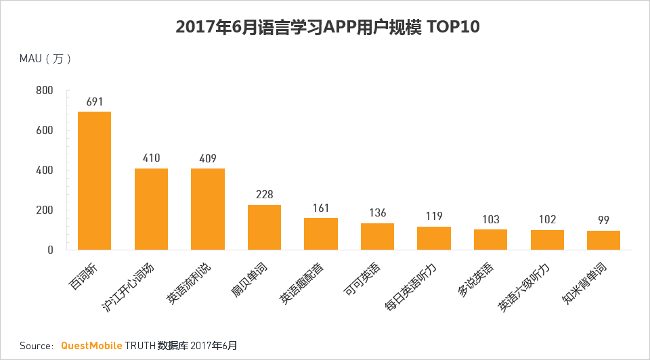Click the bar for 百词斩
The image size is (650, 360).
[x=94, y=181]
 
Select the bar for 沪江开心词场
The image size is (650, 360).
[x=151, y=209]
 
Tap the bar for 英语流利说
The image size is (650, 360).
[x=208, y=209]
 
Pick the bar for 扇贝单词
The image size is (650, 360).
[x=264, y=227]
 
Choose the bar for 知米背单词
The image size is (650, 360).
[x=603, y=240]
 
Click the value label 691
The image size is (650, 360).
[x=94, y=102]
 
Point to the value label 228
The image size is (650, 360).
[x=264, y=195]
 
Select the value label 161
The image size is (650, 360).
[x=321, y=208]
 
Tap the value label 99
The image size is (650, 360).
[x=603, y=221]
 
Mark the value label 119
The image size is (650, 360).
[x=434, y=217]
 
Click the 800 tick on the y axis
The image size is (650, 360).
[x=45, y=91]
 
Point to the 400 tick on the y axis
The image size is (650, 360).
[x=45, y=171]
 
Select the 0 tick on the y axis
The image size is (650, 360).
[x=49, y=250]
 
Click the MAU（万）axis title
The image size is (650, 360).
[x=45, y=59]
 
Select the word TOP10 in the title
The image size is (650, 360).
[x=452, y=27]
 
